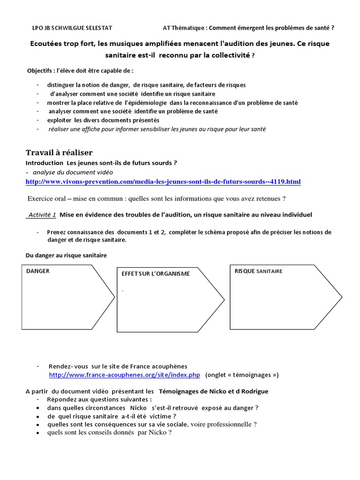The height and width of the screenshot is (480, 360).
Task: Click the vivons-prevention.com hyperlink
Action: click(x=163, y=181)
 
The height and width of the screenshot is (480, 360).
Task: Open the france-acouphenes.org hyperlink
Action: click(x=125, y=375)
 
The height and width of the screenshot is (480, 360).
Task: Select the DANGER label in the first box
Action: click(x=38, y=271)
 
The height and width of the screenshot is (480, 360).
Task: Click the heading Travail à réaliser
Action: click(x=59, y=153)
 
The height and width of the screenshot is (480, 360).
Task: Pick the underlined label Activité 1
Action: click(x=42, y=215)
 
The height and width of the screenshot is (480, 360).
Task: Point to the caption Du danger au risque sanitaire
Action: click(x=66, y=255)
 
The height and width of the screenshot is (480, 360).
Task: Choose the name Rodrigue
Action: click(x=253, y=391)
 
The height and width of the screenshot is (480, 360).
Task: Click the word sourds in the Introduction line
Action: click(x=162, y=163)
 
